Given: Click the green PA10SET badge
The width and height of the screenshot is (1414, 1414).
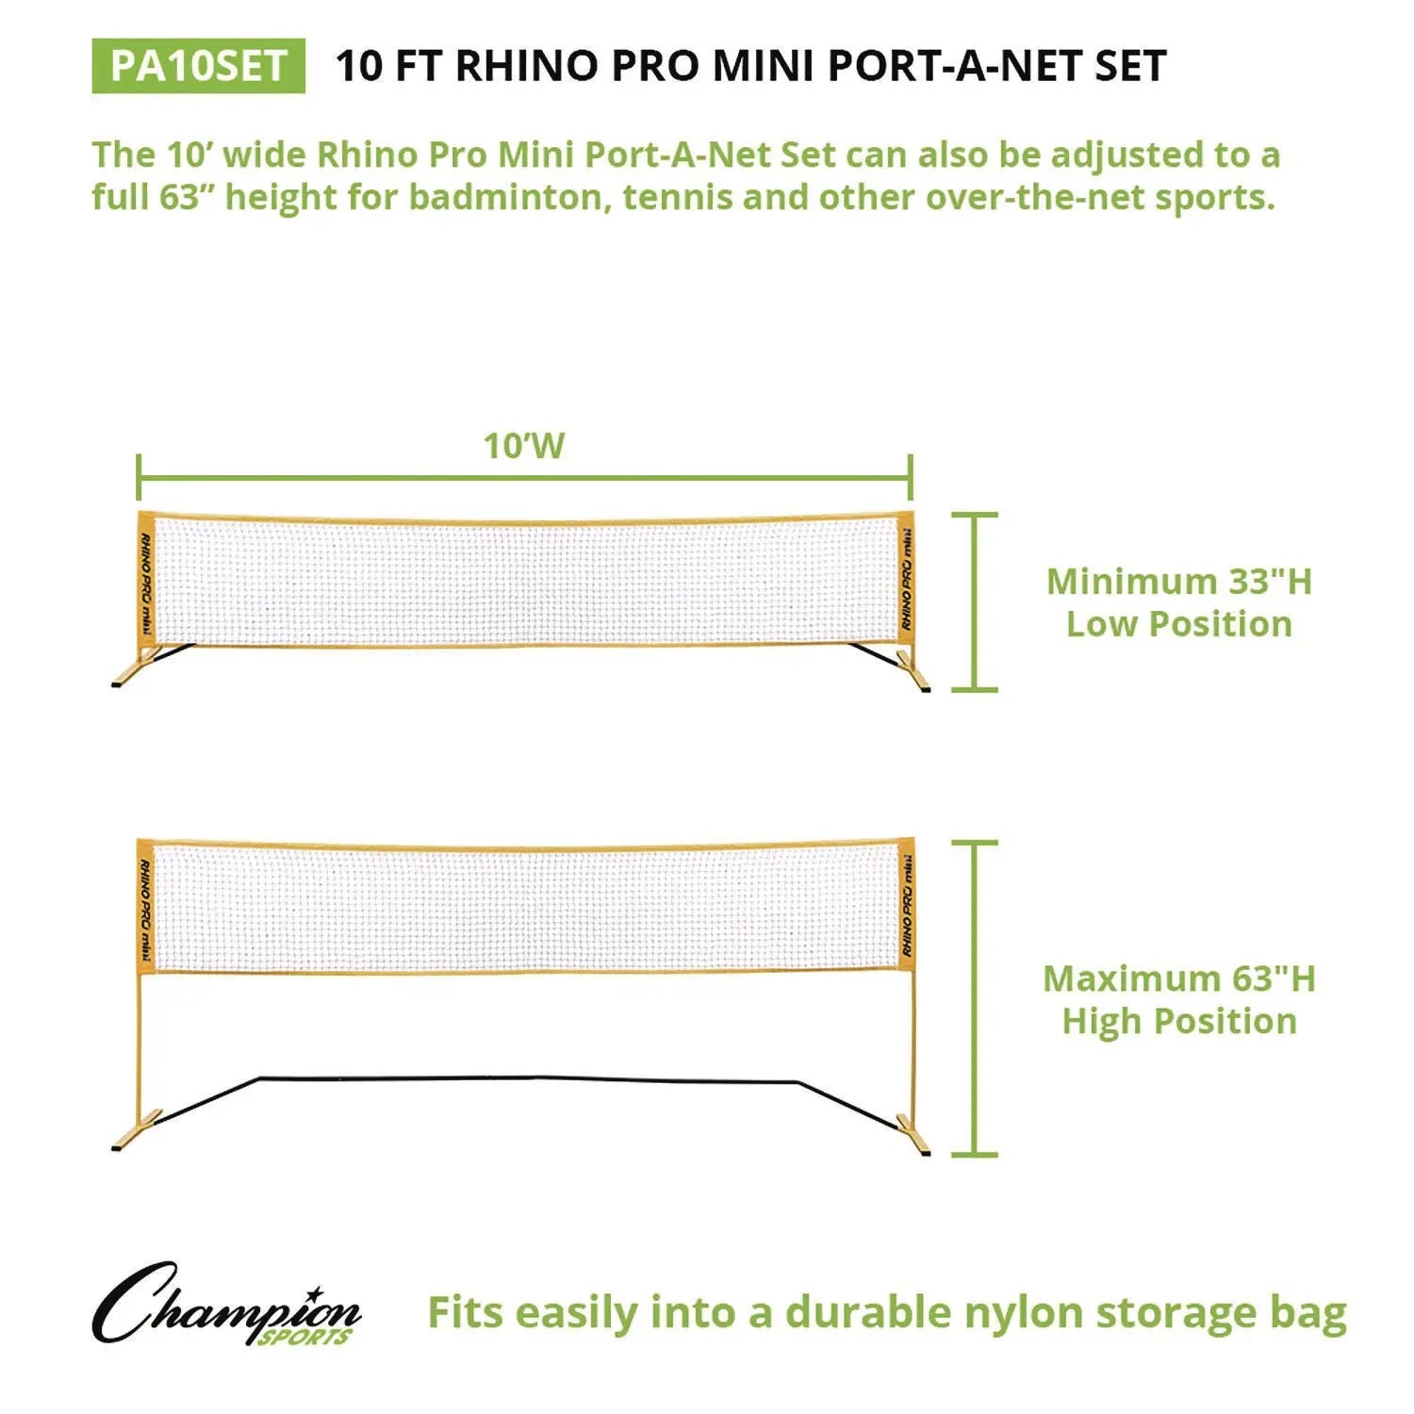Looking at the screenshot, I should (198, 66).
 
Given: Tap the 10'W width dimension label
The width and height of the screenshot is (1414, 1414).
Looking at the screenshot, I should (524, 446).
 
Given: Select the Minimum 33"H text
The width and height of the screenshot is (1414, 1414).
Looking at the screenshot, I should (1179, 582).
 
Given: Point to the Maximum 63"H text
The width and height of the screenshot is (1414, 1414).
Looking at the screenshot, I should (1179, 978).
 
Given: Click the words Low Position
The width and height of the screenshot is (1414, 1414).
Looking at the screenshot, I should (1179, 624).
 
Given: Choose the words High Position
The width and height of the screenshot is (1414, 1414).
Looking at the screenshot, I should (1179, 1021).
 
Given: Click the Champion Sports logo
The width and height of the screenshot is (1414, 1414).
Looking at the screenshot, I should (226, 1306).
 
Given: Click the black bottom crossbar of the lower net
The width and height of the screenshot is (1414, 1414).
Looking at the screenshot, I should (528, 1078).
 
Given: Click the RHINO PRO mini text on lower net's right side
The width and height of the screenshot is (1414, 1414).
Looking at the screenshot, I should (907, 905).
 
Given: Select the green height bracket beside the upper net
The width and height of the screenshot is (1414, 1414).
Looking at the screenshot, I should (974, 601).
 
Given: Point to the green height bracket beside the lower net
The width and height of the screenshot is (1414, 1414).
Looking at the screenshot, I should (974, 997).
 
